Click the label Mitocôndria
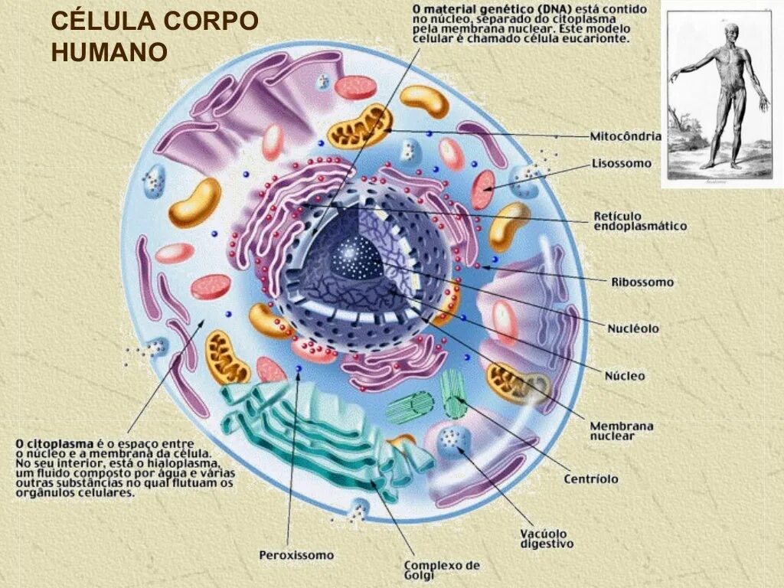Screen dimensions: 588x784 625,136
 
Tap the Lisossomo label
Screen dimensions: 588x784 621,163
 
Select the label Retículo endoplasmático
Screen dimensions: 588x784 639,220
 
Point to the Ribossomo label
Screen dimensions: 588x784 642,282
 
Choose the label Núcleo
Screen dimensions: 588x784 625,376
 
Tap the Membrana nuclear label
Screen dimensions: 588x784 621,430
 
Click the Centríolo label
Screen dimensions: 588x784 590,479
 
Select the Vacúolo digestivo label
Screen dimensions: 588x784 546,538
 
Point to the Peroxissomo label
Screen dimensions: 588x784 296,555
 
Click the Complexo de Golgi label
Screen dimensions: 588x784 442,570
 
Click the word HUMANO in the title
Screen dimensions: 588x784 109,52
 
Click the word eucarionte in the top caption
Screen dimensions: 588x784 601,38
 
